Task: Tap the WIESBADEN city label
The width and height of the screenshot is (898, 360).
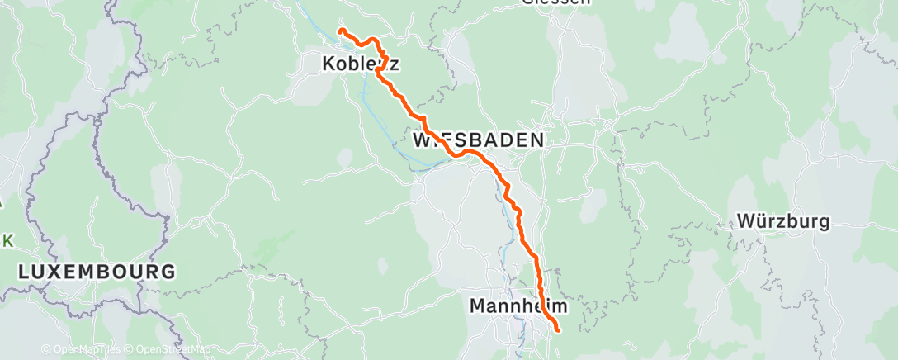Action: point(478,140)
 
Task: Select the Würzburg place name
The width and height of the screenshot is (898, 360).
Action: point(783,221)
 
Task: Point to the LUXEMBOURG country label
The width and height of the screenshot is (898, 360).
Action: point(97,271)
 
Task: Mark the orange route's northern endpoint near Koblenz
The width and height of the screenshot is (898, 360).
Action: point(340,31)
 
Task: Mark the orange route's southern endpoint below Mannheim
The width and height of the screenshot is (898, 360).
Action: point(559,330)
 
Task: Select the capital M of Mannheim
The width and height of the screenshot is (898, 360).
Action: point(478,306)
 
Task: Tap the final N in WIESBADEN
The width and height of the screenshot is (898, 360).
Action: point(536,140)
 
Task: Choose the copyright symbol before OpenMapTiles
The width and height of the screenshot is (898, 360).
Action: point(45,349)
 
